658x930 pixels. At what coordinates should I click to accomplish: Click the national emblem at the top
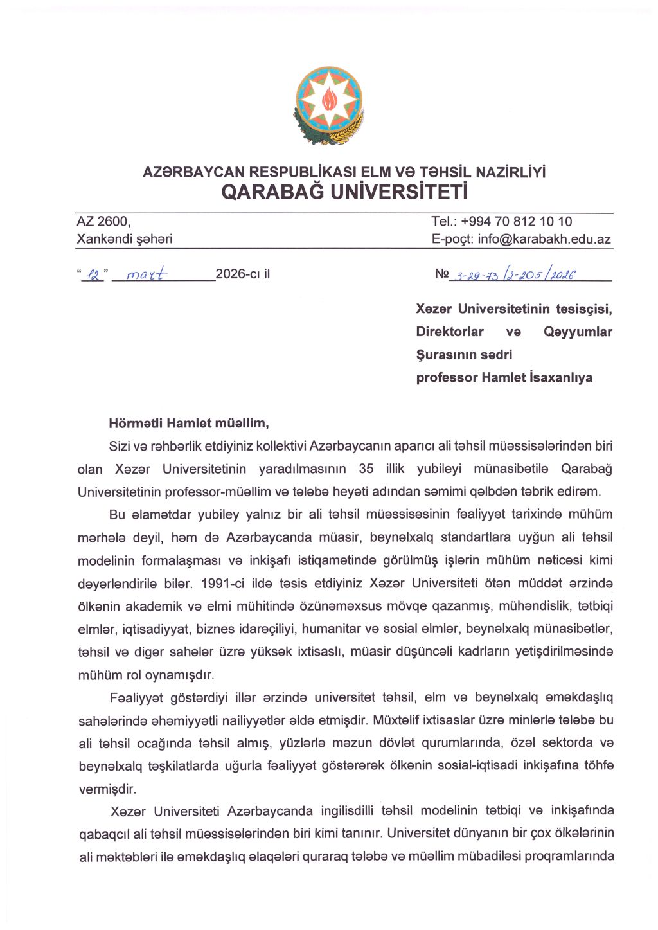329,105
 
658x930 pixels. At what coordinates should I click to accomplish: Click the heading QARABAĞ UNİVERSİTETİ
344,192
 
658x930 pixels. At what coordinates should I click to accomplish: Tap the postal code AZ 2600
103,222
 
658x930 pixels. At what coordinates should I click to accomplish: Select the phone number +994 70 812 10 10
517,222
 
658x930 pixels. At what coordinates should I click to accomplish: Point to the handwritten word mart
147,274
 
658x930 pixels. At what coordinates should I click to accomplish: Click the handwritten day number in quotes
94,275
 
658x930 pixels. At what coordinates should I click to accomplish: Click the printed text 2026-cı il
243,274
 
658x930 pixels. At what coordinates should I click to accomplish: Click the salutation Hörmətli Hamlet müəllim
189,424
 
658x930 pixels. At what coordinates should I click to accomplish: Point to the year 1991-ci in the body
222,584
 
